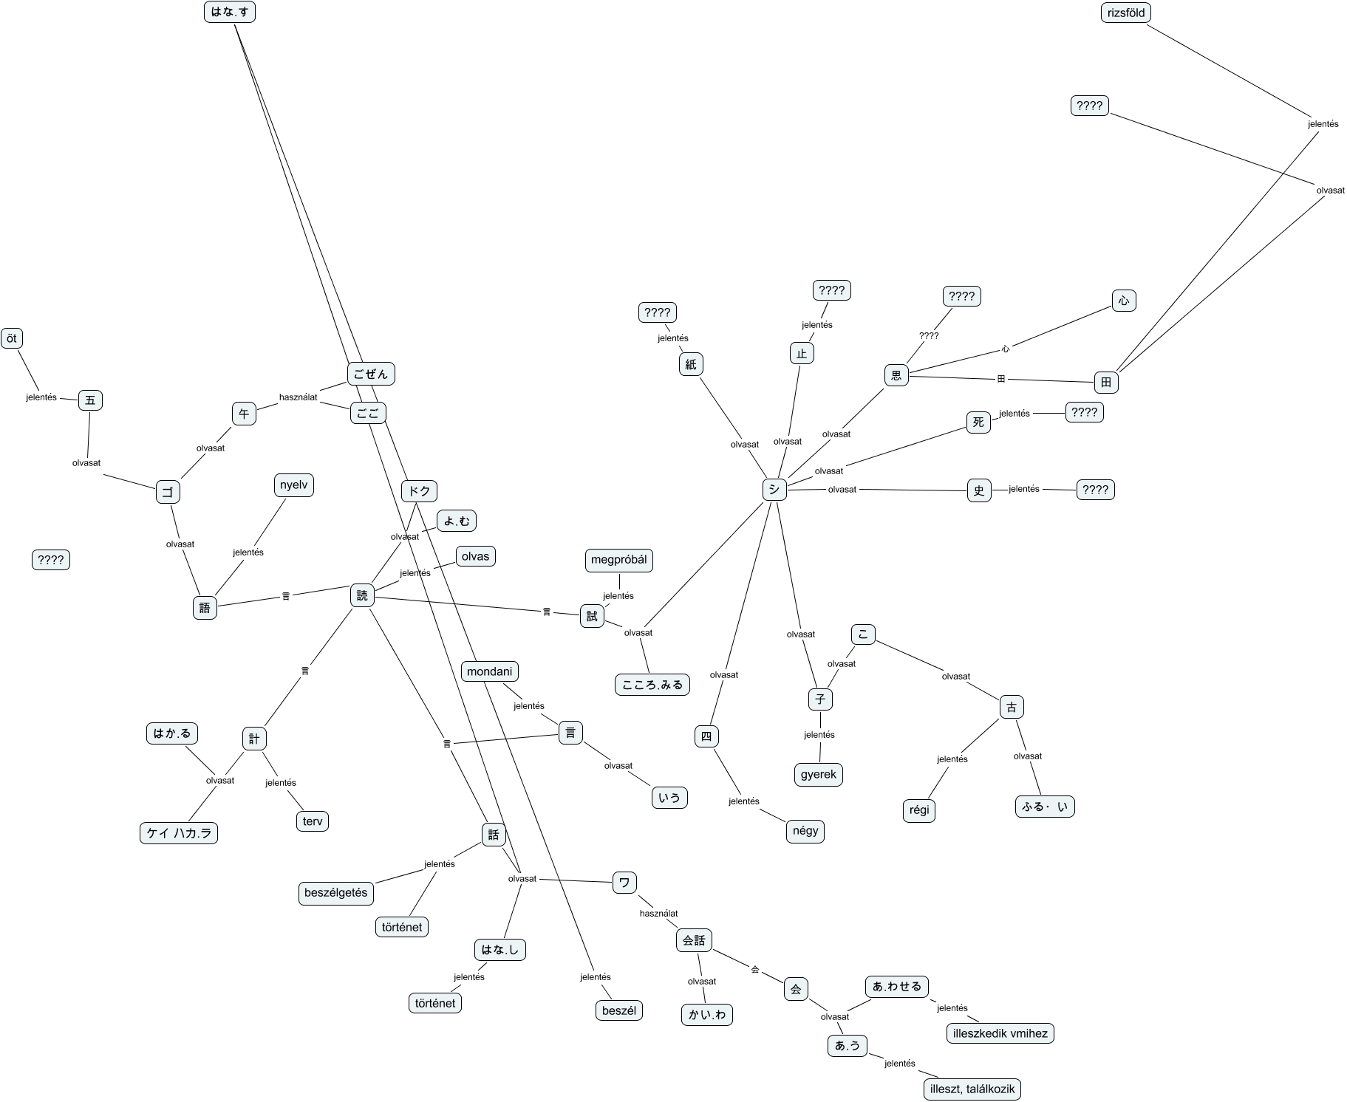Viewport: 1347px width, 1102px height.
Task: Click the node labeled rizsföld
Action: click(1126, 13)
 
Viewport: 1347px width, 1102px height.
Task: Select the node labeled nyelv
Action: click(293, 485)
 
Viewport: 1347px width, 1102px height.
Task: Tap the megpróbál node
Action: click(618, 560)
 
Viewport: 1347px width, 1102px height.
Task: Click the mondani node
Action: click(489, 671)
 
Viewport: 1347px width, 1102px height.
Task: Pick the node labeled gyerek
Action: click(819, 775)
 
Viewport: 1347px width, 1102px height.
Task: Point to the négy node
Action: click(805, 831)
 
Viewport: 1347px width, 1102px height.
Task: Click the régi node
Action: click(919, 810)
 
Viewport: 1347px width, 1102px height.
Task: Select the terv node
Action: click(313, 821)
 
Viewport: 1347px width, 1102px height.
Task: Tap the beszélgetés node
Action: click(335, 893)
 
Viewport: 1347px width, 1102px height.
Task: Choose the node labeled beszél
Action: click(619, 1010)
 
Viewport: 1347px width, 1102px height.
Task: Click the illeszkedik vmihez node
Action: click(1000, 1033)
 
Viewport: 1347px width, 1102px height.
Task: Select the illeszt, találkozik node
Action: click(972, 1089)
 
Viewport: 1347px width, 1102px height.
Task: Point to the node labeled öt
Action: click(12, 338)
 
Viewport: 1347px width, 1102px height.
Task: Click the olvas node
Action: click(475, 556)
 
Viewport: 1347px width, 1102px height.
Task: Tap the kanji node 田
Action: click(1106, 382)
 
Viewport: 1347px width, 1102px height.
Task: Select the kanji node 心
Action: click(1124, 301)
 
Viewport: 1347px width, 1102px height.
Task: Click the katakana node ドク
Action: click(419, 491)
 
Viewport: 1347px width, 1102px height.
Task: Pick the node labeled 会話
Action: click(694, 940)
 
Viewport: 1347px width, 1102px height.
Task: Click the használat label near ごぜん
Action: click(298, 397)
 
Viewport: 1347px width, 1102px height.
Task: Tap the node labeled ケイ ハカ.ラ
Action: click(179, 834)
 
